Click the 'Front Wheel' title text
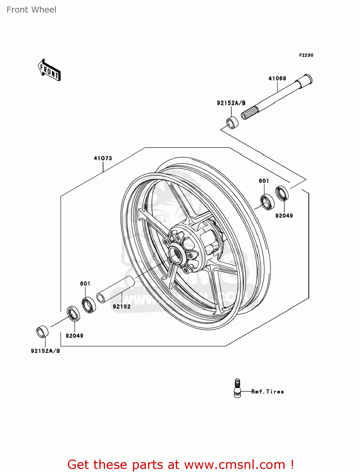31,10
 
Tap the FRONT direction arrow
49,70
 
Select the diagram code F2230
306,55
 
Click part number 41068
277,78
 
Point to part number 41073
103,158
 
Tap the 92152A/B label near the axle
231,103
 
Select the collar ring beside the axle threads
232,123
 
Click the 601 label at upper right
264,181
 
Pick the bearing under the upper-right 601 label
267,202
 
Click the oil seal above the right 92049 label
282,193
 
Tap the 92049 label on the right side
284,216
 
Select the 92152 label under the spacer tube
122,306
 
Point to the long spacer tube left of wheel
116,289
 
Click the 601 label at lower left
85,284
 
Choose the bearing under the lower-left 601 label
89,305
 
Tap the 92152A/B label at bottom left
45,351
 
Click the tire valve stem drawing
237,388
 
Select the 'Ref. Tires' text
268,391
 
